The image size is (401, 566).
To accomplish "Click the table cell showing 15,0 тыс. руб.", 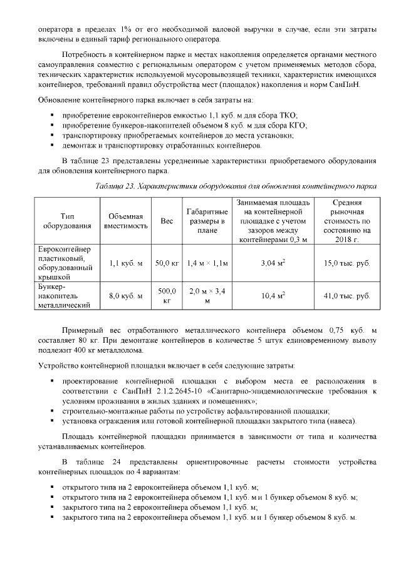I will pyautogui.click(x=346, y=263).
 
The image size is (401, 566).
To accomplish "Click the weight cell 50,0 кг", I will pyautogui.click(x=167, y=263).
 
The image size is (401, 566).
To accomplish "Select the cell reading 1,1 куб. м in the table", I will pyautogui.click(x=126, y=263).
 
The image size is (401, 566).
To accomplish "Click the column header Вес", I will pyautogui.click(x=167, y=221).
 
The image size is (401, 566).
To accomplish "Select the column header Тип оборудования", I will pyautogui.click(x=68, y=221).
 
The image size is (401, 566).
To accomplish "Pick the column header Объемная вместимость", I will pyautogui.click(x=126, y=221).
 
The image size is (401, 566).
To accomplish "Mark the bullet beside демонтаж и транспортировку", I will pyautogui.click(x=51, y=146).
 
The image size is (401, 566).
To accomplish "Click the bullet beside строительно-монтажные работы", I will pyautogui.click(x=51, y=412).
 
